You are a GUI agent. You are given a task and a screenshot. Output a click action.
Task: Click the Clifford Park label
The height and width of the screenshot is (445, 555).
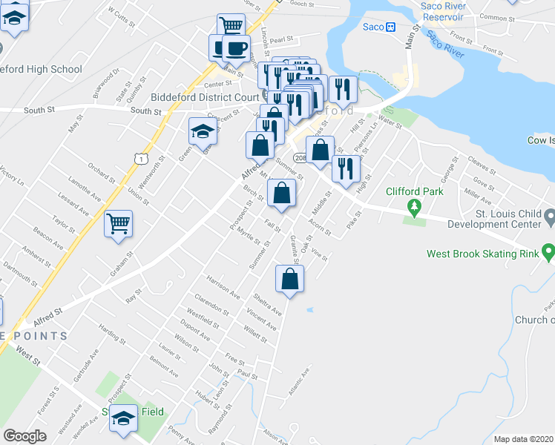pyautogui.click(x=414, y=191)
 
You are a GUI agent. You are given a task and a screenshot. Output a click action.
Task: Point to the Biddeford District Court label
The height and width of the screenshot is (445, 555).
pyautogui.click(x=205, y=96)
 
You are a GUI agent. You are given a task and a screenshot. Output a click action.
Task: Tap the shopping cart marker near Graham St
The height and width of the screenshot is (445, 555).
pyautogui.click(x=119, y=223)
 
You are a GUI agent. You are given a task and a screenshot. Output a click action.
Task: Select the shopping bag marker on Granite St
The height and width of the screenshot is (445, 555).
pyautogui.click(x=289, y=280)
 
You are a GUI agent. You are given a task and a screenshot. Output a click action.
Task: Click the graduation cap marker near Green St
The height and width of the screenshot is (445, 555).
pyautogui.click(x=200, y=132)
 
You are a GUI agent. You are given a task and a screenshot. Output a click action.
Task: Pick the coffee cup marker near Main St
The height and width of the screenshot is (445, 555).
pyautogui.click(x=236, y=48)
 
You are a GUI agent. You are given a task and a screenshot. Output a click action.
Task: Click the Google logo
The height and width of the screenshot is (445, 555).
pyautogui.click(x=24, y=436)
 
